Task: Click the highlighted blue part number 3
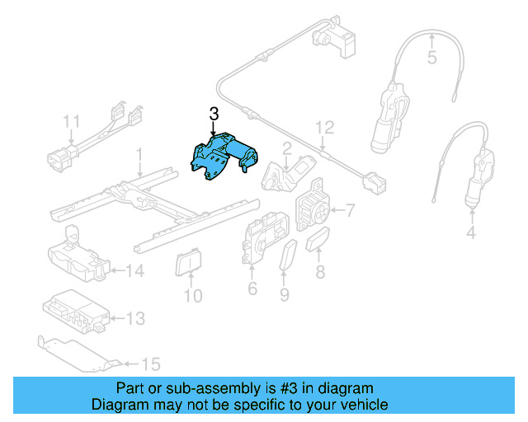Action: tap(223, 157)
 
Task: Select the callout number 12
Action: tap(325, 127)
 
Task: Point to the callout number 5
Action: tap(431, 58)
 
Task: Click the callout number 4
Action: tap(471, 233)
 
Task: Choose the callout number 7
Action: tap(349, 211)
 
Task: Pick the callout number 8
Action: tap(320, 270)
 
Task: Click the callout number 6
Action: tap(252, 288)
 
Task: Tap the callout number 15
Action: tap(150, 362)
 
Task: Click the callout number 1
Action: tap(139, 153)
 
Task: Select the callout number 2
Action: tap(287, 148)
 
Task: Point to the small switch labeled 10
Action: tap(188, 264)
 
